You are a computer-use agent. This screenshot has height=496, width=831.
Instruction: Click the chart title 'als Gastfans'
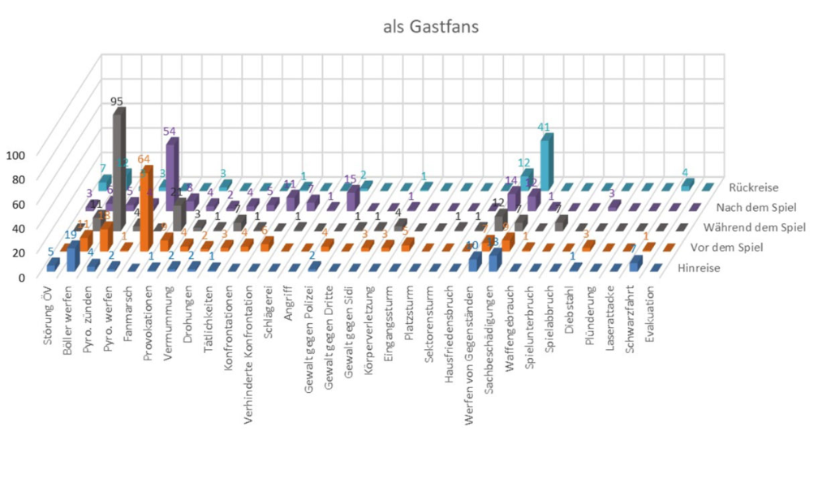coord(432,27)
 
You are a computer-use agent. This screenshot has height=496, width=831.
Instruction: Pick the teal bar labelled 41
coord(546,159)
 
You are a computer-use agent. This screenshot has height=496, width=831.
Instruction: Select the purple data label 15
coord(351,179)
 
